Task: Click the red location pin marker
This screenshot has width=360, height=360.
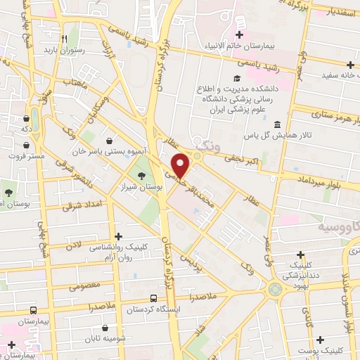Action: point(181,165)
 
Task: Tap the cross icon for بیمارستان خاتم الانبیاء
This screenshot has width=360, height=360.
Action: point(240,34)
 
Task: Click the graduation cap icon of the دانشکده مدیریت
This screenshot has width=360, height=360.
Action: point(237,78)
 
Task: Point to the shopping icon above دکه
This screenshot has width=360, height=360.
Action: point(26,119)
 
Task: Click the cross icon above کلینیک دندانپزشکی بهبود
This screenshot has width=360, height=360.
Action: point(300,255)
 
